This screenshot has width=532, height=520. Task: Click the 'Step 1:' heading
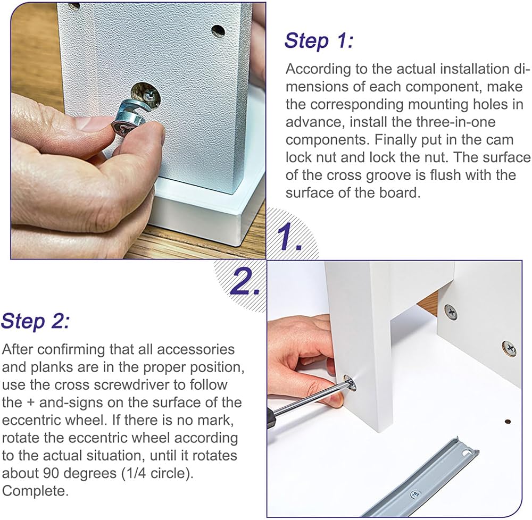[319, 41]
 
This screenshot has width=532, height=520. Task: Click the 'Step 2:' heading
[35, 321]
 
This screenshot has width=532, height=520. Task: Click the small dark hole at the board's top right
[218, 31]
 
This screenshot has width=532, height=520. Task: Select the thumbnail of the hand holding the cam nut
[138, 130]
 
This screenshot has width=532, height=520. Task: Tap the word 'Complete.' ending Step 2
[35, 491]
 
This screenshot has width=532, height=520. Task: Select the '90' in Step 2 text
[52, 473]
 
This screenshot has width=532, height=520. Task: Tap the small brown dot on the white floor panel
[508, 422]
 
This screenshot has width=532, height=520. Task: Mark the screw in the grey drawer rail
[414, 494]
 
